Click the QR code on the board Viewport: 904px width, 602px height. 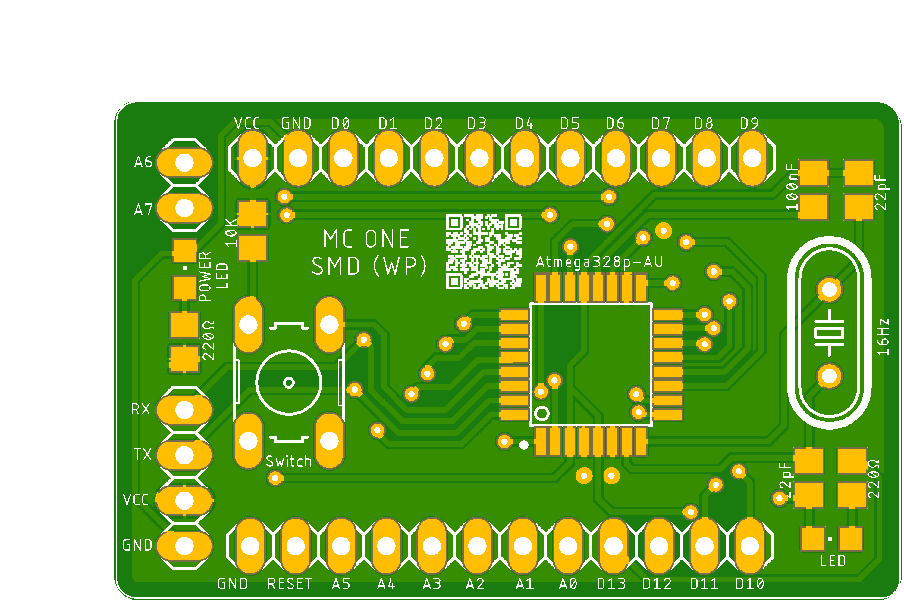[x=484, y=251]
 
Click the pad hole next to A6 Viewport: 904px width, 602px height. [x=184, y=163]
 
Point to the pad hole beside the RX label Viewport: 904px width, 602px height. [x=184, y=410]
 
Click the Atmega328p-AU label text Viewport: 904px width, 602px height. [x=599, y=262]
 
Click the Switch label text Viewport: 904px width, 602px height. [x=289, y=461]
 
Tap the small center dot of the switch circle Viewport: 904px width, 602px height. [x=289, y=382]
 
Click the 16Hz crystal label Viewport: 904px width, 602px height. [x=883, y=337]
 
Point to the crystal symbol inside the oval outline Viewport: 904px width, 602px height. [x=829, y=333]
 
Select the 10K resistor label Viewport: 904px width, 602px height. [x=231, y=233]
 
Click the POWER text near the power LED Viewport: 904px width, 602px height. [x=205, y=276]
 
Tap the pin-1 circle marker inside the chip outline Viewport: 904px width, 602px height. [x=542, y=414]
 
